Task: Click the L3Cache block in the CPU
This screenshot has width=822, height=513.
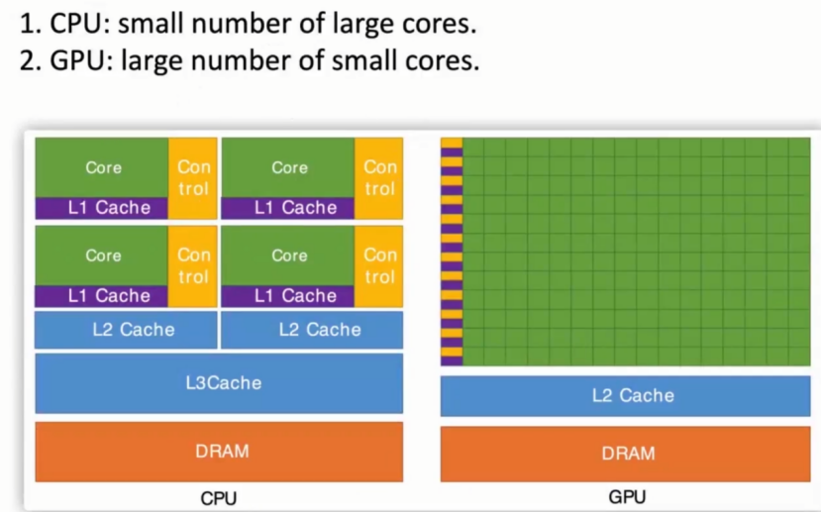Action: click(x=219, y=383)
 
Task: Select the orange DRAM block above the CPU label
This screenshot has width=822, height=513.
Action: click(x=219, y=452)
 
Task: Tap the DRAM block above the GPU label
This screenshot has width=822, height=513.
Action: click(x=626, y=454)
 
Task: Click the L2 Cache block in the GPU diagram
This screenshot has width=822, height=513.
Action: click(x=626, y=396)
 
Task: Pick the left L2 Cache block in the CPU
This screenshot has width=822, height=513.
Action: click(x=125, y=330)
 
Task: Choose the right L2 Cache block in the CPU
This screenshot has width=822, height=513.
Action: click(x=312, y=330)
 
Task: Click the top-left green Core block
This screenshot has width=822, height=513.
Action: click(x=103, y=167)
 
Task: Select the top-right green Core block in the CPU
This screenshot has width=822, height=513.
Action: click(x=289, y=167)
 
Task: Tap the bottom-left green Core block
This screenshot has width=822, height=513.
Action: click(x=103, y=256)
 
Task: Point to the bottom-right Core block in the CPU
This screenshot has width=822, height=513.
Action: click(x=289, y=256)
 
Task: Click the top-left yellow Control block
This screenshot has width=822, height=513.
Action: click(x=193, y=178)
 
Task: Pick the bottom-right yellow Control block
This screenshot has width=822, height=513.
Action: click(x=379, y=265)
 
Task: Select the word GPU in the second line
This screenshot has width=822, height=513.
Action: click(x=78, y=61)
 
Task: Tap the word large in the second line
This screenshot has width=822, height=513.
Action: click(x=155, y=61)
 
